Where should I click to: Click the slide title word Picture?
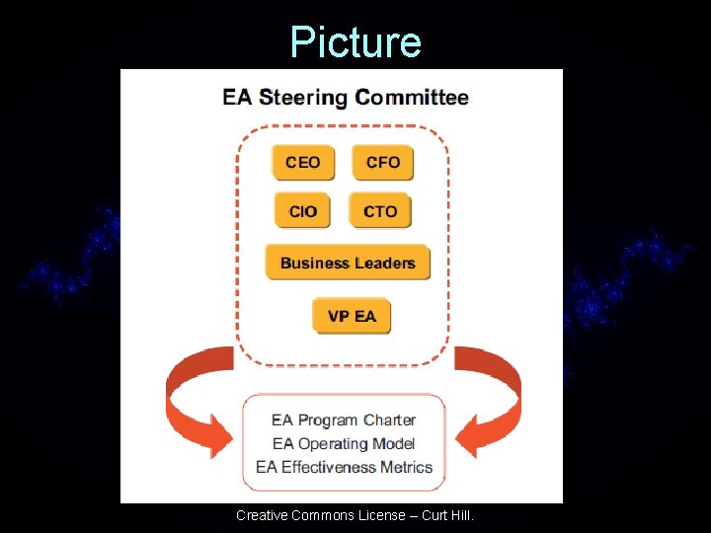(x=355, y=42)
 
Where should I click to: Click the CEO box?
(x=303, y=163)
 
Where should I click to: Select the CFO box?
(x=382, y=163)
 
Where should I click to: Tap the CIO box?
(x=303, y=211)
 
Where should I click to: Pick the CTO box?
(x=380, y=211)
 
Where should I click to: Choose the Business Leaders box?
(x=348, y=263)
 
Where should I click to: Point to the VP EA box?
(x=352, y=316)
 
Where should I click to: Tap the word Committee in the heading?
(x=413, y=98)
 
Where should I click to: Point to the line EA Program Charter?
(x=344, y=420)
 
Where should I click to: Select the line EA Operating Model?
(x=344, y=444)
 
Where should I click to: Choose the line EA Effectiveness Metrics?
(x=344, y=467)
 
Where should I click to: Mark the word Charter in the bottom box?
(x=389, y=420)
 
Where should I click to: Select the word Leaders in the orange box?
(x=388, y=263)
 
